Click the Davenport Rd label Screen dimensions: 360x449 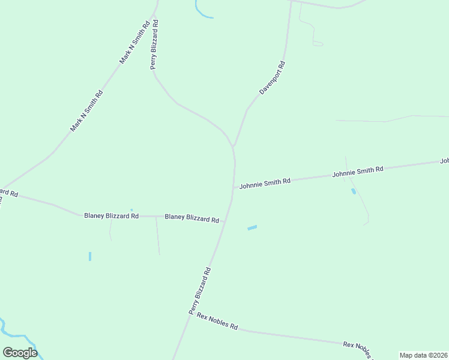(272, 77)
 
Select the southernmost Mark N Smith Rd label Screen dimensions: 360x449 (86, 111)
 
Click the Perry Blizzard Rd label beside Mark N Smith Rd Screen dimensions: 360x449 (154, 45)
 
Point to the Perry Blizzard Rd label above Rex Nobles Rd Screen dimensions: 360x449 (200, 291)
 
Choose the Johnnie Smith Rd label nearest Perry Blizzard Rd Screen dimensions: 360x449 (265, 183)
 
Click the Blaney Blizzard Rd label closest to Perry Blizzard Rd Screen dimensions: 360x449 (191, 218)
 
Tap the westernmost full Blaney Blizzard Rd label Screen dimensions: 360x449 (111, 215)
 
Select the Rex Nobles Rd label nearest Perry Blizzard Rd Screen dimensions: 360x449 (217, 322)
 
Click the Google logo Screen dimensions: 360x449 (20, 353)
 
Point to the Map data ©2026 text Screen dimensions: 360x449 (423, 355)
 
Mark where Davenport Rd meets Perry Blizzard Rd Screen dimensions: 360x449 (233, 146)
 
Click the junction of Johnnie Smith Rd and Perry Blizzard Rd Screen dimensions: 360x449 (234, 188)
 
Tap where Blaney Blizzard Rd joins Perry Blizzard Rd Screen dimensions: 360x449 (224, 221)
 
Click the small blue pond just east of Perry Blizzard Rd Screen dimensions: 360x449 (252, 227)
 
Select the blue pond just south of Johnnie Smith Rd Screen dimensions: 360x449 (353, 191)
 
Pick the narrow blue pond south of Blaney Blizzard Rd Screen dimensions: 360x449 (90, 256)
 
